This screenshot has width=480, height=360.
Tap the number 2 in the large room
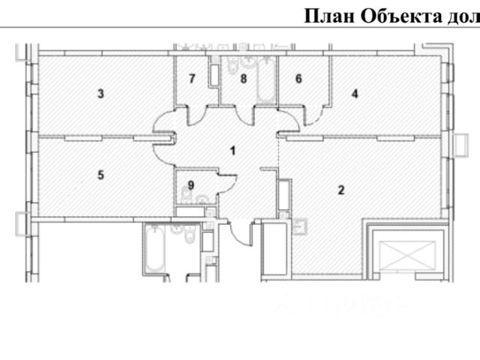pos(340,189)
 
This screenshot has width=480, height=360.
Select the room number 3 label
pos(100,94)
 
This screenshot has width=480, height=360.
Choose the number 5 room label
pos(100,175)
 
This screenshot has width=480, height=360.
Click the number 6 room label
pos(298,78)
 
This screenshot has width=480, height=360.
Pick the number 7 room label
pos(192,78)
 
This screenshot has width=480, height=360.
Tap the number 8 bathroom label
pos(243,78)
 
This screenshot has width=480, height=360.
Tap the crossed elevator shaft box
pos(403,257)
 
